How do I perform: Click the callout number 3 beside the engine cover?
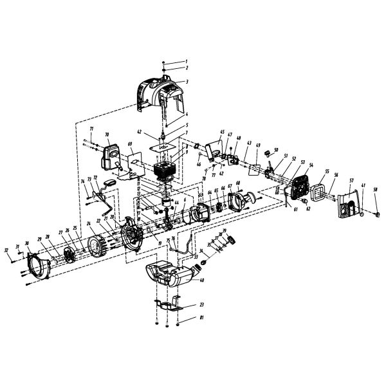coord(169,82)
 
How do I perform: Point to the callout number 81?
coord(184,318)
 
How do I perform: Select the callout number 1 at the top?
coord(168,61)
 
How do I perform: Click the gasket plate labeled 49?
coord(255,169)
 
